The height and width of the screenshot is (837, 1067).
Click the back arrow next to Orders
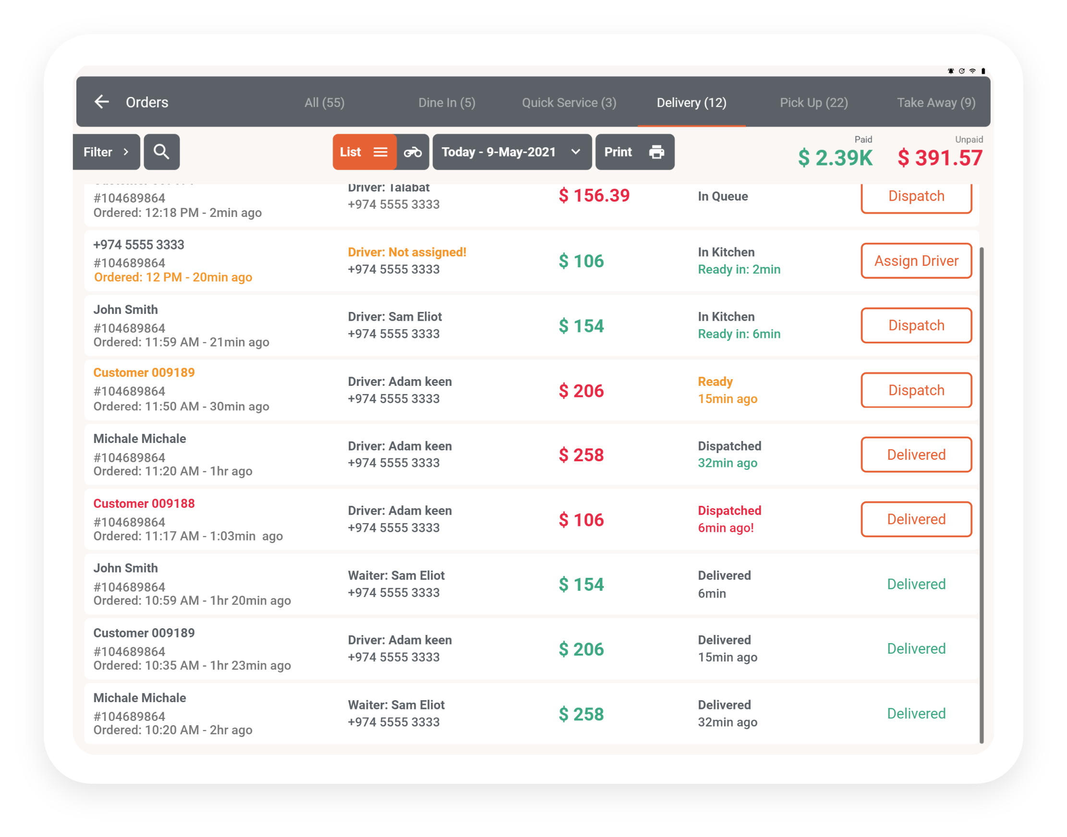101,102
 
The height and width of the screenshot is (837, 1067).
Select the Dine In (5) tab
447,103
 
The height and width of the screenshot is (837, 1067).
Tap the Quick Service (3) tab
569,103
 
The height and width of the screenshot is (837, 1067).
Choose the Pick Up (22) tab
813,103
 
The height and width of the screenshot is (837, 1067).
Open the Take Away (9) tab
935,103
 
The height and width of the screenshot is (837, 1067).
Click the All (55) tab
324,103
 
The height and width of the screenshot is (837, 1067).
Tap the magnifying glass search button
161,152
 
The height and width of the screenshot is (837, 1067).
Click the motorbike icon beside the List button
412,153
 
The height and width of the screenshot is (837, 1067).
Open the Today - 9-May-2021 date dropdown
511,153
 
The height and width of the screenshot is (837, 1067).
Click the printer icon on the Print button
656,153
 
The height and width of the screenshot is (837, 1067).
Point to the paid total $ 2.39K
835,158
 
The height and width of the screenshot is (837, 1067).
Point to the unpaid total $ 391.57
940,158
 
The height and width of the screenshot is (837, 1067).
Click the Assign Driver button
916,261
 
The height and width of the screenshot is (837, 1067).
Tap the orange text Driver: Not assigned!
407,252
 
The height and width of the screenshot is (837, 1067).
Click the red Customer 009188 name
144,503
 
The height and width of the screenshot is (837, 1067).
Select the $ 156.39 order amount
594,195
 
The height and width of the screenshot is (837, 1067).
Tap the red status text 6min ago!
725,528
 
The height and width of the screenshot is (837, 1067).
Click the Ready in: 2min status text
739,270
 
